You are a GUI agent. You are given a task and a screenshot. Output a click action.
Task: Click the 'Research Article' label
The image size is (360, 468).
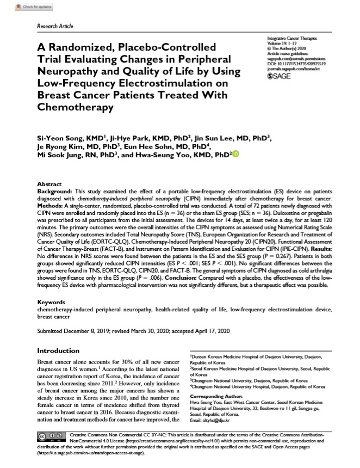[x=54, y=26]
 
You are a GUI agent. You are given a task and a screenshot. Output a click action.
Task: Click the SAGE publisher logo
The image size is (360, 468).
[x=280, y=78]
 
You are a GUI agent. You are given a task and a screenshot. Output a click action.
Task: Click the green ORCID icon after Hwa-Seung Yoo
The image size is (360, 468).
[x=235, y=155]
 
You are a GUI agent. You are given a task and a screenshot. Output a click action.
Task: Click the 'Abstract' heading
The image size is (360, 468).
[x=49, y=184]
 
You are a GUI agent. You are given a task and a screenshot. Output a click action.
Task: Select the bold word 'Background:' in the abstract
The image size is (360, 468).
[x=54, y=192]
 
